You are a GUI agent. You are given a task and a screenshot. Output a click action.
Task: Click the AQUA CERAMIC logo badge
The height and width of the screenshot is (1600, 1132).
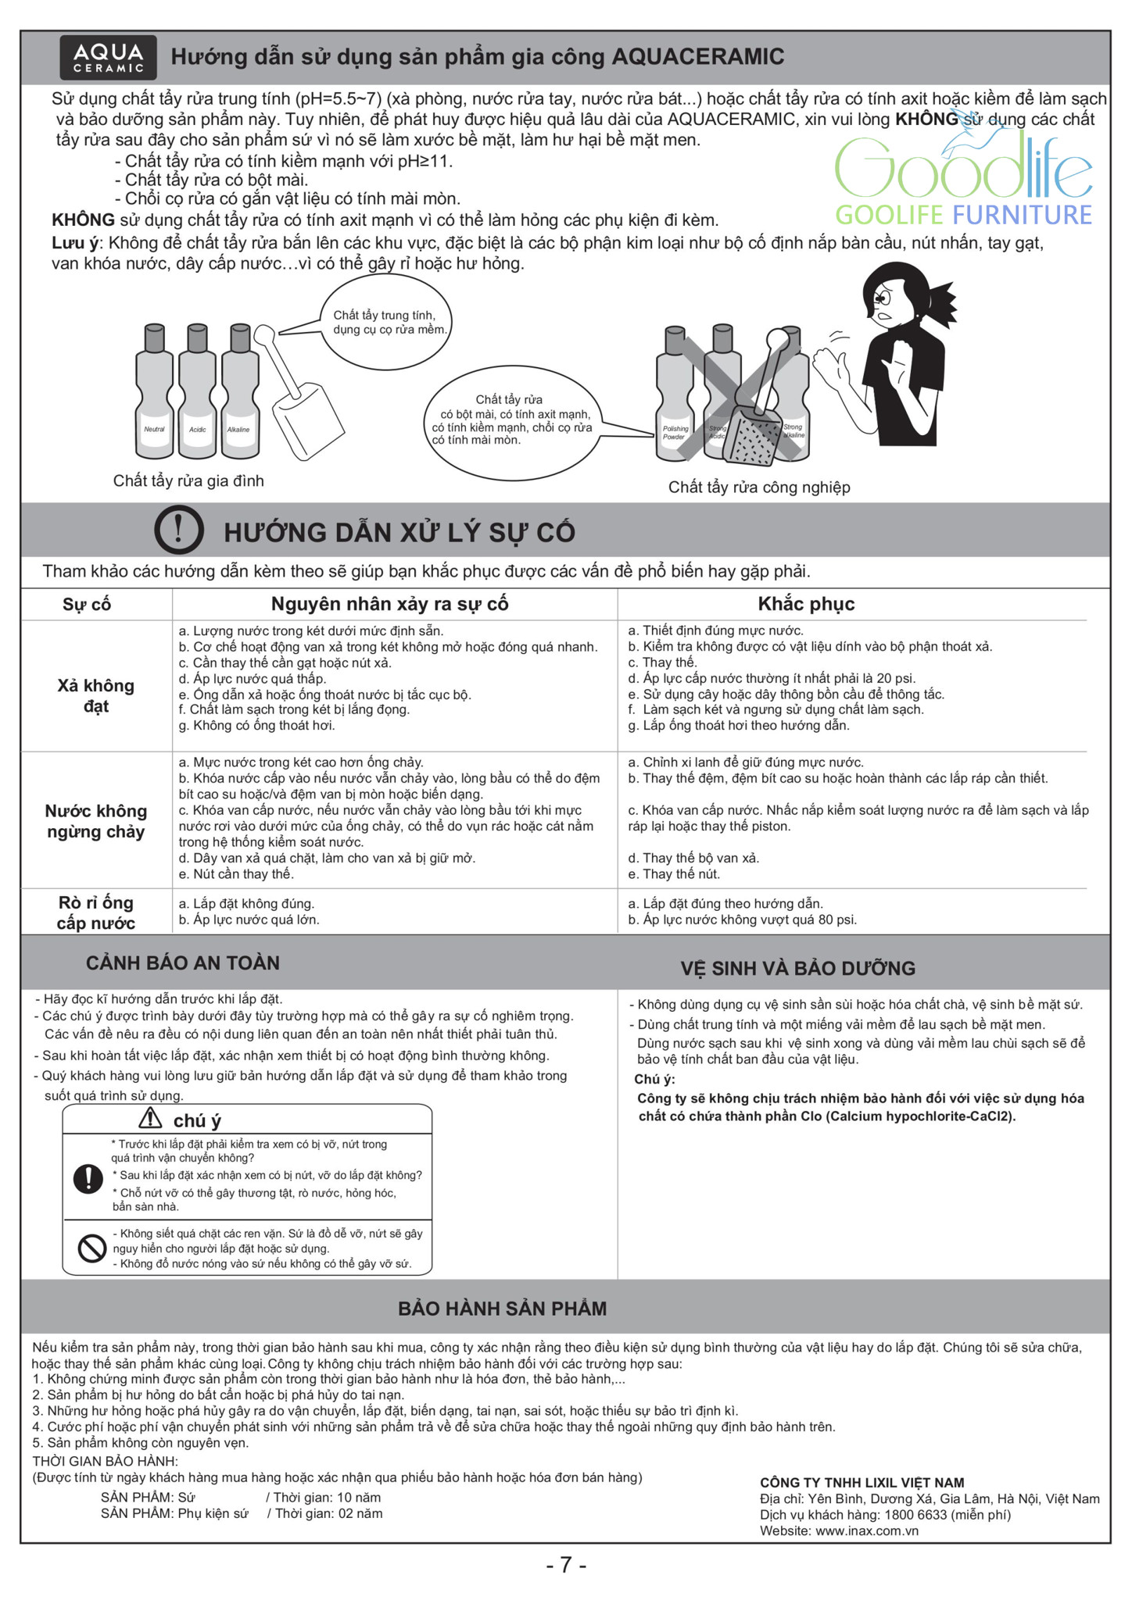coord(109,57)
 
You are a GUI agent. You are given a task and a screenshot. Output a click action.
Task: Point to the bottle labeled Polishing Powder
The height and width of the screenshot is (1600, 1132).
coord(675,398)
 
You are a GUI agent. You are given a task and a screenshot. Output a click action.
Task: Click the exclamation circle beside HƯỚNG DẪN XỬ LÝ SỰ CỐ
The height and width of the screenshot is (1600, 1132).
coord(179,530)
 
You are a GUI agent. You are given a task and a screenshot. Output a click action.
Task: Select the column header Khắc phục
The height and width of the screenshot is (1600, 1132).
coord(806,604)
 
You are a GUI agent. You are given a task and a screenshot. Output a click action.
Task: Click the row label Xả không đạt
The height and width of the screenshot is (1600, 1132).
coord(96,695)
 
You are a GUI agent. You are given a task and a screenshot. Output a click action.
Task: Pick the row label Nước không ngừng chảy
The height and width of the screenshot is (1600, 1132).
coord(96,821)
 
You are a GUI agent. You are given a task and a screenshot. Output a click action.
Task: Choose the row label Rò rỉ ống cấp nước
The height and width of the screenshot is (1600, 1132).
coord(96,912)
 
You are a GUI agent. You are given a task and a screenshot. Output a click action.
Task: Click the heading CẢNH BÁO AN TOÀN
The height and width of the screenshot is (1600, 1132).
coord(183,962)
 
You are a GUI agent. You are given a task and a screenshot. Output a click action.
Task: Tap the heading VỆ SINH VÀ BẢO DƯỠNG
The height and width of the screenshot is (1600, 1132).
coord(797,968)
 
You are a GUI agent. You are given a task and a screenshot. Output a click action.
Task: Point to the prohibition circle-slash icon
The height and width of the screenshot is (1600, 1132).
coord(92,1248)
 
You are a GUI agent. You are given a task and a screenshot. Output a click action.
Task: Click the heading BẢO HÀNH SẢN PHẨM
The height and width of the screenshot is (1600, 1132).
coord(502,1309)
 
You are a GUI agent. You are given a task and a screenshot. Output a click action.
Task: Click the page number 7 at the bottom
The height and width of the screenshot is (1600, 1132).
coord(566,1565)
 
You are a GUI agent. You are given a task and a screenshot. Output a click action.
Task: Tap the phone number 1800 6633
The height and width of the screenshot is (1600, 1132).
coord(915,1515)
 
